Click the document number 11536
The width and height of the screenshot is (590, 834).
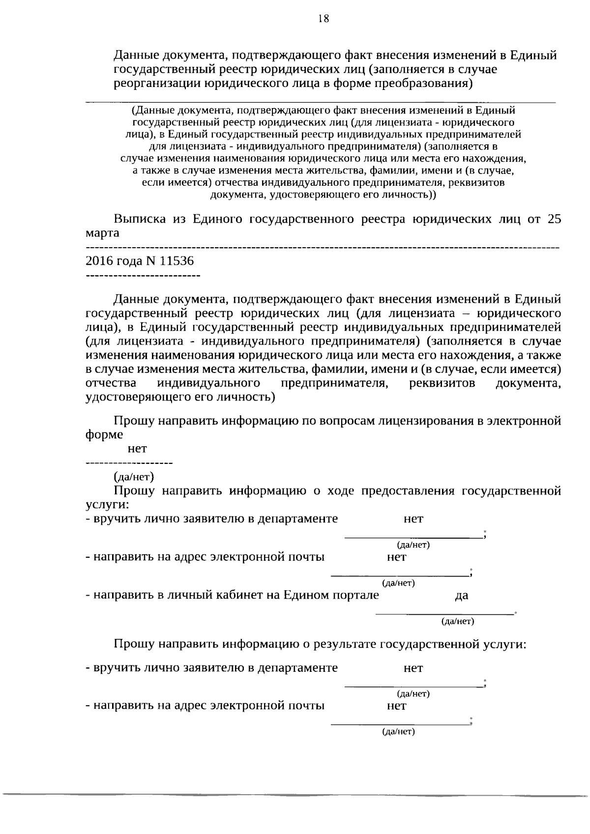coord(177,261)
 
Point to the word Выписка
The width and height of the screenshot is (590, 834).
coord(140,219)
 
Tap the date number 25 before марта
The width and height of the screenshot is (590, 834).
coord(554,219)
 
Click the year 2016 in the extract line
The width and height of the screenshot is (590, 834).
coord(99,261)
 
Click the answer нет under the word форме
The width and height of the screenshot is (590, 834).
coord(137,449)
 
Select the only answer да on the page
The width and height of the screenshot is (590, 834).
coord(462,596)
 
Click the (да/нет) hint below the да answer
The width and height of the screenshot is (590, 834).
coord(458,622)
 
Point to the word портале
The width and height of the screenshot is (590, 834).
coord(356,596)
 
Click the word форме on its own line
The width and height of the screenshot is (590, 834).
coord(104,435)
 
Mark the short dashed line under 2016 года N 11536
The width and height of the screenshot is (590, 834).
coord(143,276)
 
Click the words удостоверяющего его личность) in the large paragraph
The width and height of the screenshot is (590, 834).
coord(180,397)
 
